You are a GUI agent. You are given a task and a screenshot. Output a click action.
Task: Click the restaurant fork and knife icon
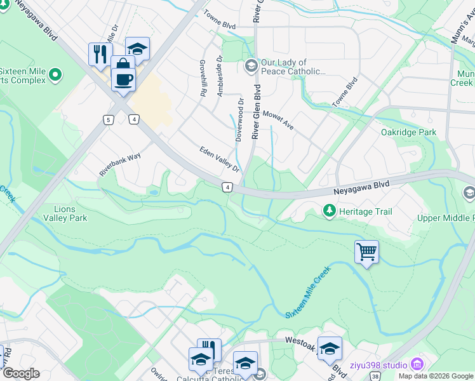coord(100,54)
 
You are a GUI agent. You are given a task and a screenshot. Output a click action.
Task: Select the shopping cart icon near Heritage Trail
coord(366,252)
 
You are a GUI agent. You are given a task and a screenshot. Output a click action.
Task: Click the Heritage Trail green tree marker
coord(329,210)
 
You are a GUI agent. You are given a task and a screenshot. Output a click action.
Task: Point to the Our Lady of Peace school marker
coord(251,65)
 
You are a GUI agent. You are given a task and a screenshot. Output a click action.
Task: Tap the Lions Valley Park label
coord(65,213)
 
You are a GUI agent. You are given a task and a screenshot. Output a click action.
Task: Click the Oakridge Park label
coord(409,132)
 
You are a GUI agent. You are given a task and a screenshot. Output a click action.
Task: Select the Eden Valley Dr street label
coord(220,159)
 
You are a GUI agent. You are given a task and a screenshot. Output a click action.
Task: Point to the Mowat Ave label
coord(278,118)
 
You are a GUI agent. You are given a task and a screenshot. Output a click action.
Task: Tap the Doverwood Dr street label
coord(240,119)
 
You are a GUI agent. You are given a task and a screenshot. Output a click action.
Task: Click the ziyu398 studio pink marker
coord(417,364)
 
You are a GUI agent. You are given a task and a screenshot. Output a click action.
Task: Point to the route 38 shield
coord(376,376)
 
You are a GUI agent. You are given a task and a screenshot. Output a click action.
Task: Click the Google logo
coord(21,373)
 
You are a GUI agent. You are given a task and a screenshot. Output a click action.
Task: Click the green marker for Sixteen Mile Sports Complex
coord(55,76)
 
